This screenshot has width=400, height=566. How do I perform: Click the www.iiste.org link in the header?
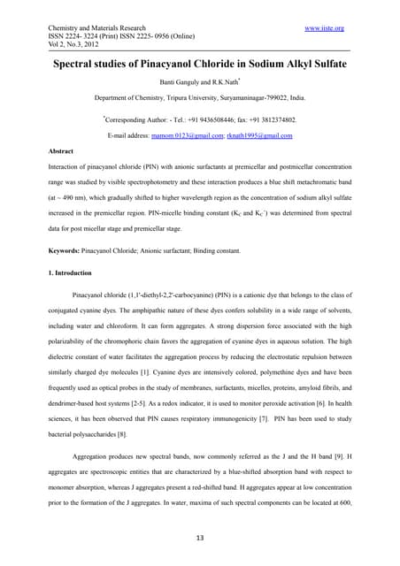coord(324,28)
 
